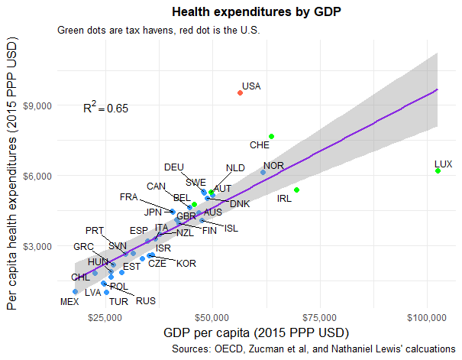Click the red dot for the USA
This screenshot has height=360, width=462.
pos(240,92)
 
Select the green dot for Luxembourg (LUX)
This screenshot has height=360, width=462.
pos(438,171)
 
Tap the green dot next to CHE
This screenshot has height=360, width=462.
pos(271,136)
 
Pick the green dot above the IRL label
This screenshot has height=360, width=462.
pos(296,190)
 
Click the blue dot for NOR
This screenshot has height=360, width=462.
pos(263,173)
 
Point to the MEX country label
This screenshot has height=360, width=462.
pos(69,302)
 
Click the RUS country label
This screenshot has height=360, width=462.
pos(146,300)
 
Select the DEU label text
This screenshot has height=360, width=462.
pos(174,167)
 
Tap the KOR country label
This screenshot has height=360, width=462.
pos(186,264)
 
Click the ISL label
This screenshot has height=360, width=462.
pos(232,228)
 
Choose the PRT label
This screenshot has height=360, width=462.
pos(95,230)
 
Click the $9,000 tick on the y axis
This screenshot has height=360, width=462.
pos(37,105)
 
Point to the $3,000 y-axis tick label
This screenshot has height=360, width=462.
pos(37,246)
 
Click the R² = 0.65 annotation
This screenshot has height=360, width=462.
pos(105,108)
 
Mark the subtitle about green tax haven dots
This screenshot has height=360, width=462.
pos(159,31)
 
